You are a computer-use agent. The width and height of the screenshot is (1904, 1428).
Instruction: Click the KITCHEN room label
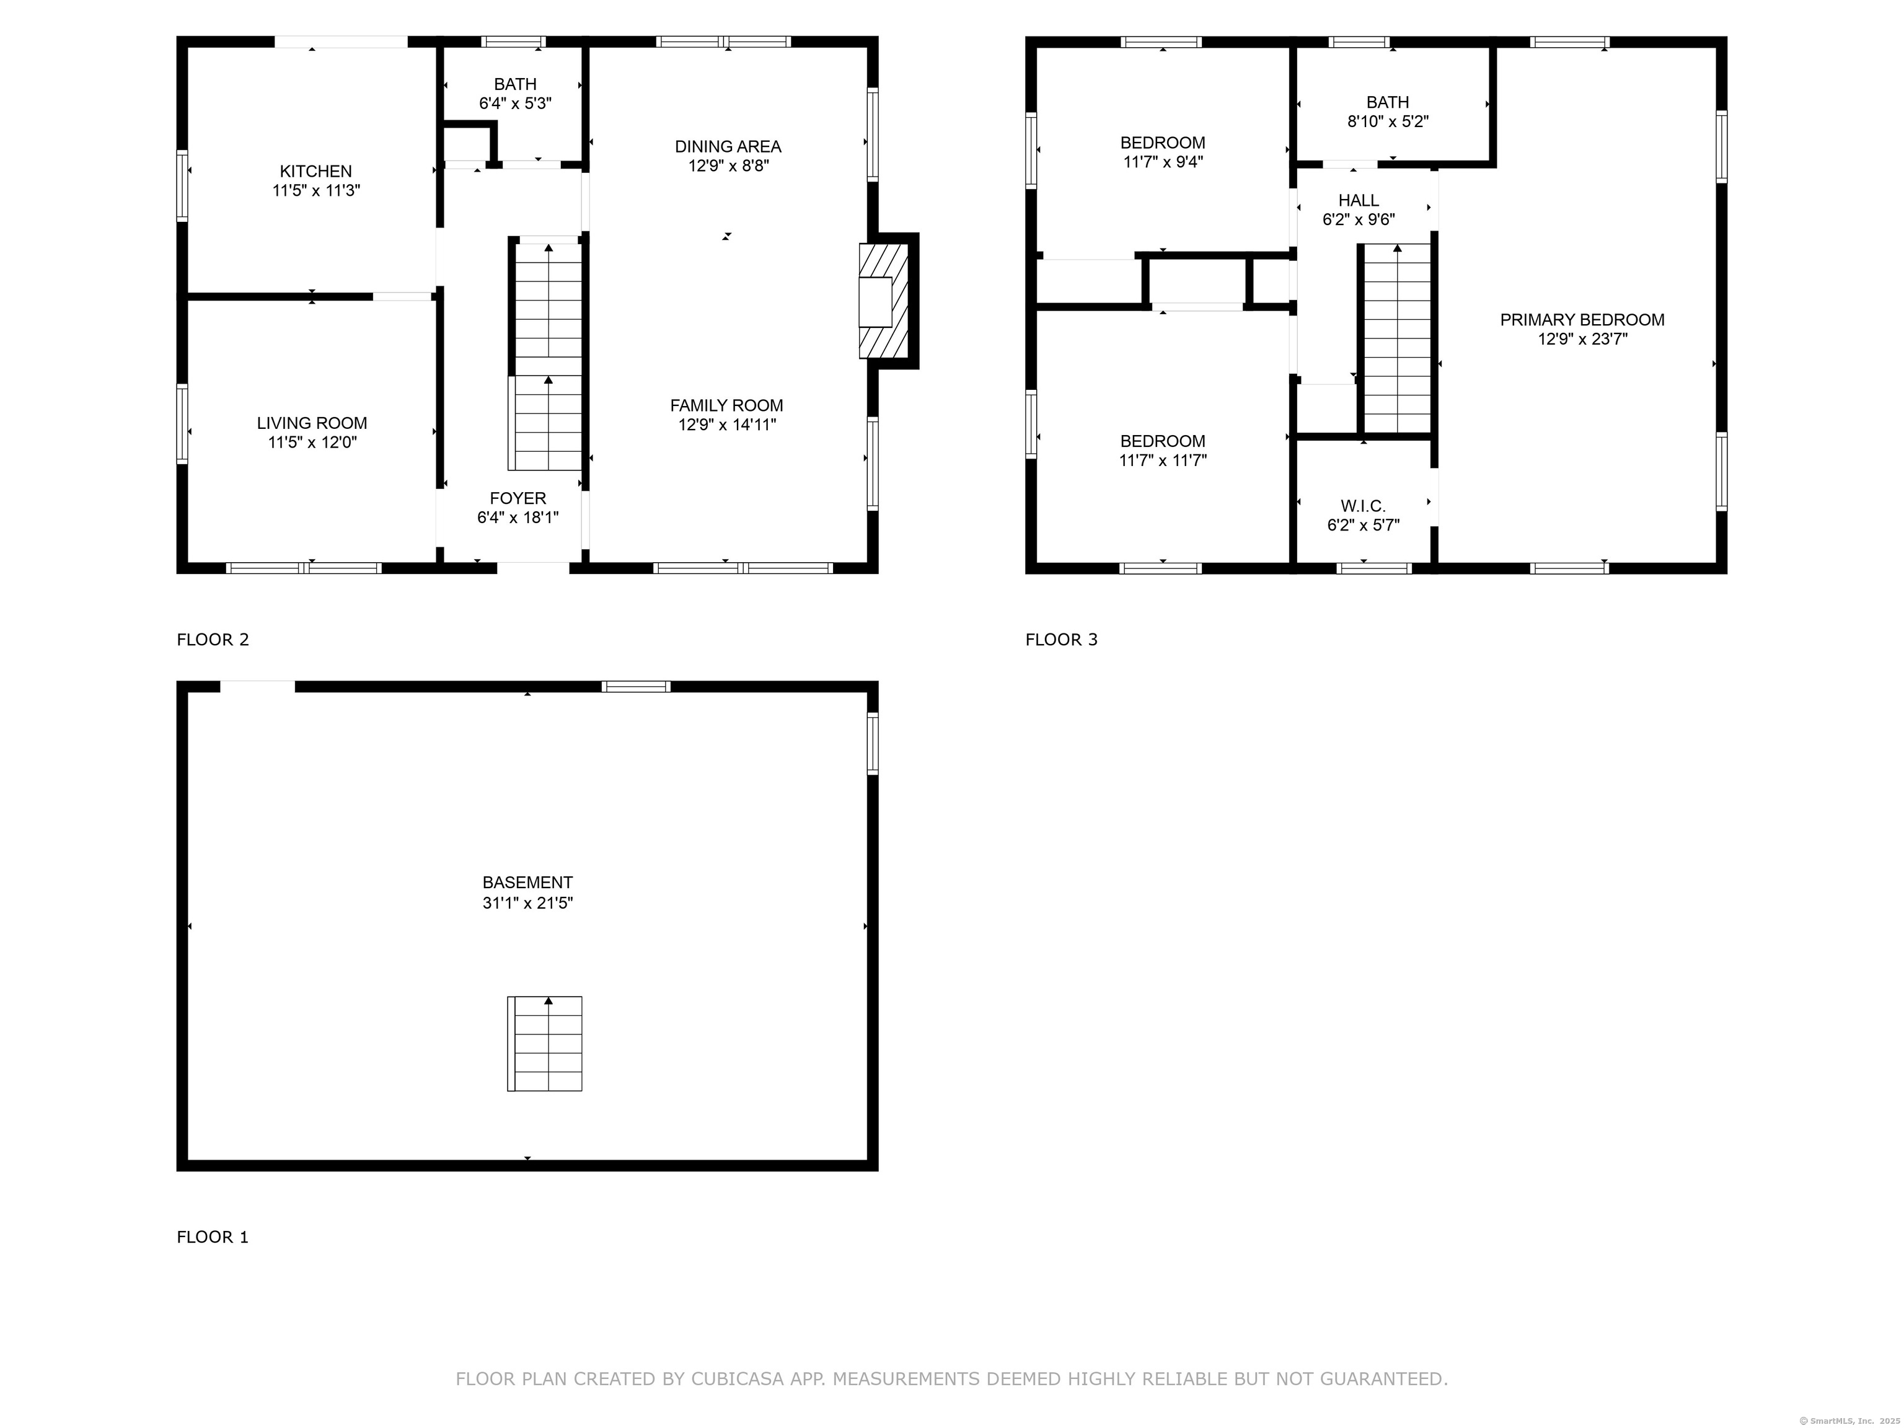[x=316, y=171]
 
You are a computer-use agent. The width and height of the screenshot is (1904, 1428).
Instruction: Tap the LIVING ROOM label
[x=312, y=423]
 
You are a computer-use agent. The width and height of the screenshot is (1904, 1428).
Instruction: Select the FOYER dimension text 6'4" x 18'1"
[x=518, y=518]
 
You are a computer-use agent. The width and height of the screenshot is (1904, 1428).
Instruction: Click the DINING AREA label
[x=728, y=146]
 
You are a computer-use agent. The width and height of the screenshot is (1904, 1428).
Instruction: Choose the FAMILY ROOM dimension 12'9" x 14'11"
[x=728, y=425]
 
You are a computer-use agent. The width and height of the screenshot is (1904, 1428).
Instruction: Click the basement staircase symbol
[x=545, y=1044]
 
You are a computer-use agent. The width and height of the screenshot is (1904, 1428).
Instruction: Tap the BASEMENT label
[x=527, y=883]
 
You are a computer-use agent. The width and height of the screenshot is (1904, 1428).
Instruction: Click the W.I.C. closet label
[x=1364, y=506]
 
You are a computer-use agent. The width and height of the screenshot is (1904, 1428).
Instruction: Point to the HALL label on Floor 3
[x=1359, y=201]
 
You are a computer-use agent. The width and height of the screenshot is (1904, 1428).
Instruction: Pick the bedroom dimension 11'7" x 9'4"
[x=1163, y=162]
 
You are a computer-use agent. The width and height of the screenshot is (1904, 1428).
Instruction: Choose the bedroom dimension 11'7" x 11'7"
[x=1163, y=461]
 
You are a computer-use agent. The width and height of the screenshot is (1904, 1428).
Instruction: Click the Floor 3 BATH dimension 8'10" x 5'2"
[x=1388, y=122]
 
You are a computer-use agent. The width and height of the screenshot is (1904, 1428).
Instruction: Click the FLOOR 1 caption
[x=213, y=1237]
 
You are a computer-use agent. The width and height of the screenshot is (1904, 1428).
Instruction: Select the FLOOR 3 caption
[x=1061, y=640]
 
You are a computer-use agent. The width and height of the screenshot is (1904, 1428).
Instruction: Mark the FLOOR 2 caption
[x=213, y=640]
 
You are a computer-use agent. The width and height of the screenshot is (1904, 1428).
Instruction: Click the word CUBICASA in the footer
[x=738, y=1379]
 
